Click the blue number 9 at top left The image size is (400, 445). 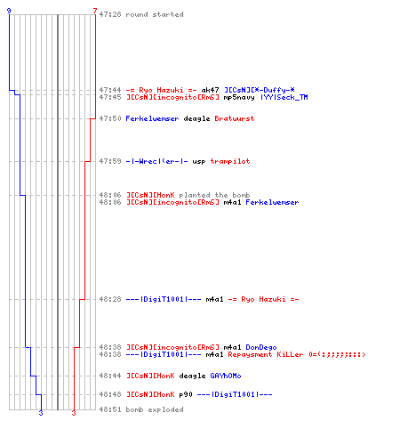coord(9,11)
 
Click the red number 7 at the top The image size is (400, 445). coord(95,11)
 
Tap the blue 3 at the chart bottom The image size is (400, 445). coord(41,413)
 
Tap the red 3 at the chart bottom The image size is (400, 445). coord(74,413)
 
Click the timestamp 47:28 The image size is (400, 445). coord(110,14)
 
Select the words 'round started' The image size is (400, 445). coord(155,14)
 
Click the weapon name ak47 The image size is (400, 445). coord(210,90)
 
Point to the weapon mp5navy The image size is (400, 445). coord(239,97)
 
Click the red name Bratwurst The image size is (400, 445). coord(235,118)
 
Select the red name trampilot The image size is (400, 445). coord(230,161)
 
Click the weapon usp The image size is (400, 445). coord(199,162)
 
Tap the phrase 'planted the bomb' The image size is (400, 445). coord(214,195)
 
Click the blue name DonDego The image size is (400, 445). coord(261,347)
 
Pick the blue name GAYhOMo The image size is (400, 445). coord(226,376)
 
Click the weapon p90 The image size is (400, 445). coord(186,394)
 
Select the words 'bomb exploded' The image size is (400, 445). coord(155,409)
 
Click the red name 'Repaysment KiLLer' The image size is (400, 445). coord(266,354)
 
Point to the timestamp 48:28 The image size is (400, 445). coord(110,299)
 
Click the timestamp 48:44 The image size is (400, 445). coord(110,376)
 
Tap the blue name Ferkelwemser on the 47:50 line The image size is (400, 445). coord(152,118)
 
